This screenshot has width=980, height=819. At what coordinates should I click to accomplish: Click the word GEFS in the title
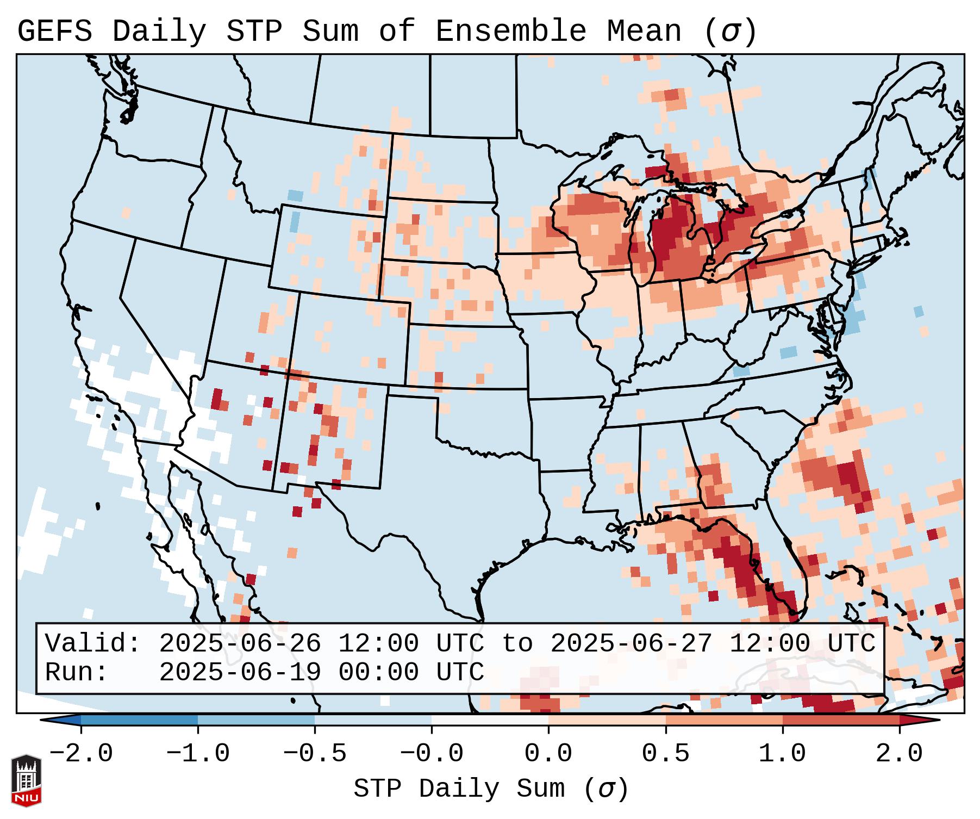(x=55, y=31)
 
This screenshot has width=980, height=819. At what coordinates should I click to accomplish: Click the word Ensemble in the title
(x=510, y=31)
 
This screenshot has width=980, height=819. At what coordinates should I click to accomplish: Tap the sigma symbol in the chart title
(x=729, y=32)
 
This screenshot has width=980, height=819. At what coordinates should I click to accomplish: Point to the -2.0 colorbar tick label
(x=81, y=754)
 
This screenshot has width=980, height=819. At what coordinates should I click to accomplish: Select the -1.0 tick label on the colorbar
(x=198, y=754)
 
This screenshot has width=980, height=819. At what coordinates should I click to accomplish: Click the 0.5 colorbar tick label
(x=665, y=754)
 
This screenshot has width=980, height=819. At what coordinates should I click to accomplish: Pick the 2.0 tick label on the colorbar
(x=899, y=754)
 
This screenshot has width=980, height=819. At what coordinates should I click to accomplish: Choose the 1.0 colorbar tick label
(x=782, y=754)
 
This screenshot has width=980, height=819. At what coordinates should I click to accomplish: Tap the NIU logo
(x=26, y=780)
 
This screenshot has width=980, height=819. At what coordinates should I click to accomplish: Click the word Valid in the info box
(x=92, y=644)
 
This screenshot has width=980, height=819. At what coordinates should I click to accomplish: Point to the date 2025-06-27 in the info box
(x=631, y=644)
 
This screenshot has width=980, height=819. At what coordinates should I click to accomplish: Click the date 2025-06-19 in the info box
(x=240, y=673)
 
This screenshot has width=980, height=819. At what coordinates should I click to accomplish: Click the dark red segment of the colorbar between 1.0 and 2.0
(x=840, y=720)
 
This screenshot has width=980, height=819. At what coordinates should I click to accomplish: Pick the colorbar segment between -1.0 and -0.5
(x=256, y=720)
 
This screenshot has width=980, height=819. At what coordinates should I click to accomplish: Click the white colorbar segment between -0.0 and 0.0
(x=490, y=720)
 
